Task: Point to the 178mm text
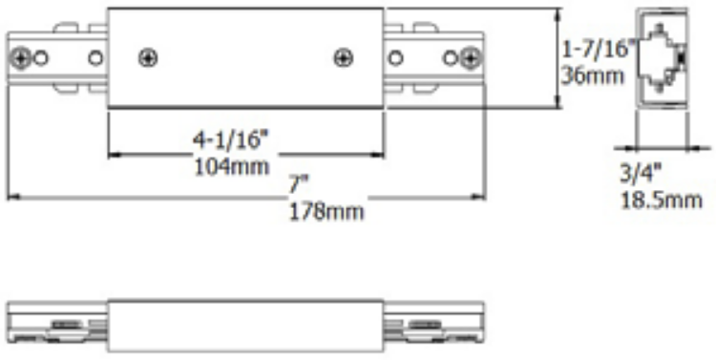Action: pos(326,211)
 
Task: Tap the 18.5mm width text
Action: pos(660,200)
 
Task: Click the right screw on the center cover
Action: pos(343,58)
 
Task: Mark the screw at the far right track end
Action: pos(469,59)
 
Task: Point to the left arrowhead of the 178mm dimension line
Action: pos(11,198)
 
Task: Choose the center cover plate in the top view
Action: pos(246,59)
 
